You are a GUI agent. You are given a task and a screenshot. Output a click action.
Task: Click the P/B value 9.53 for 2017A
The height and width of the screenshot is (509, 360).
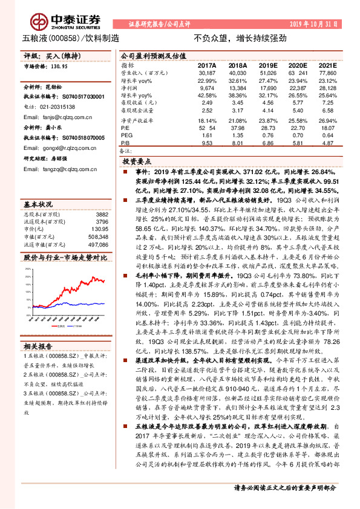coord(207,144)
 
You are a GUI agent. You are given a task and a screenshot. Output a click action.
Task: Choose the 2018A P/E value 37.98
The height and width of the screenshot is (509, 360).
coord(238,128)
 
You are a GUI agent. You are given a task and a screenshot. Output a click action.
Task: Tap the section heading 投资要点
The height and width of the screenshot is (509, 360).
coord(136,162)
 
